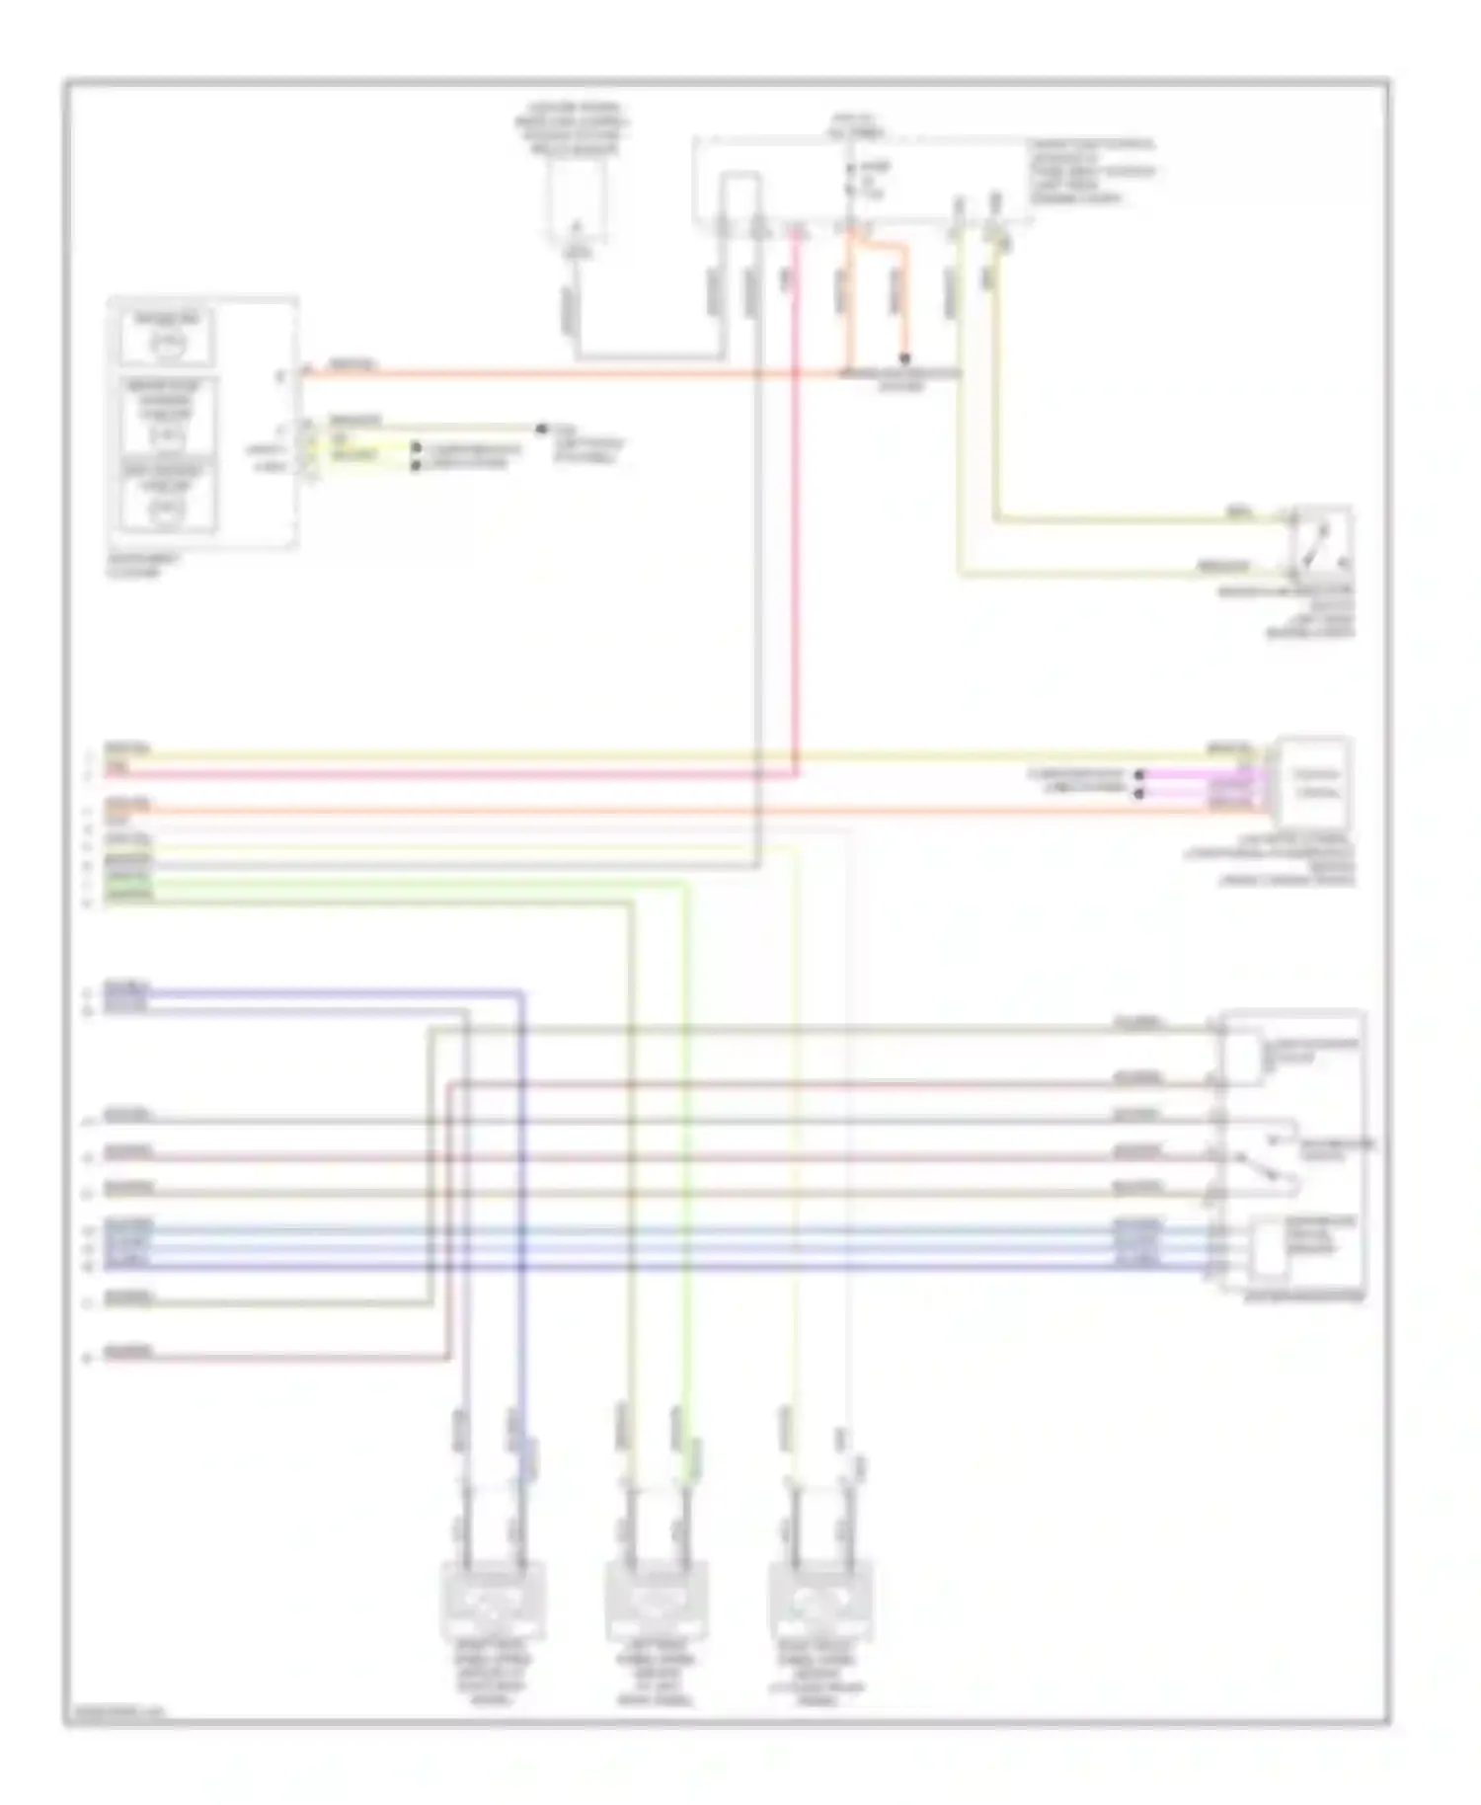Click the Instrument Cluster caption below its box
143,565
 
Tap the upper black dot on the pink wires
1138,775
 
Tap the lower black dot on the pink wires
1138,792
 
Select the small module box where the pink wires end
1315,782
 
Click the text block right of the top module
1091,171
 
